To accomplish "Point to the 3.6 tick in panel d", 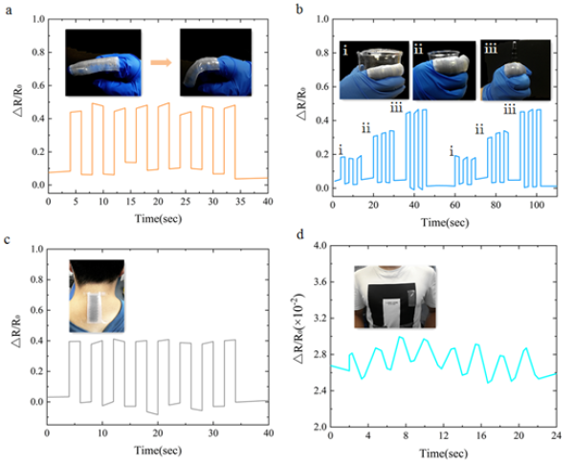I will (x=316, y=281).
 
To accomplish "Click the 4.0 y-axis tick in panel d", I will (x=316, y=246).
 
